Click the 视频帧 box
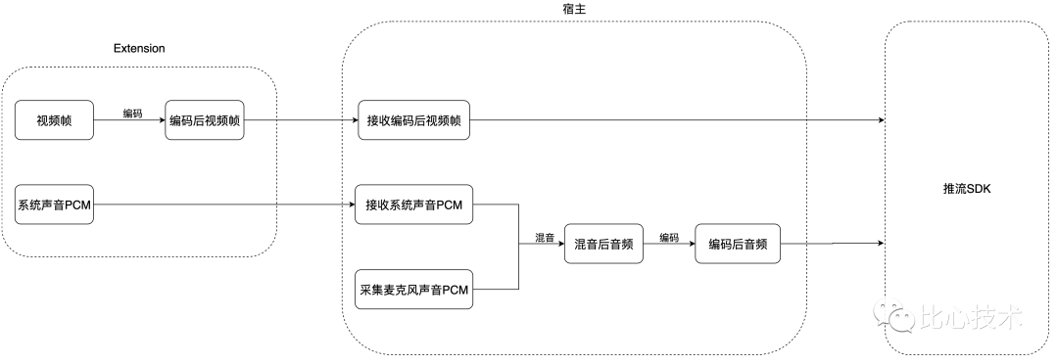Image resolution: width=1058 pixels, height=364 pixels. [55, 121]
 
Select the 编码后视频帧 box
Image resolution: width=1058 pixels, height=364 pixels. [206, 121]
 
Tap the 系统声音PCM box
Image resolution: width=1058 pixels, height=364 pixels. [55, 205]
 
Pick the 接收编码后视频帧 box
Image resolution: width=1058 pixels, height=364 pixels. [412, 121]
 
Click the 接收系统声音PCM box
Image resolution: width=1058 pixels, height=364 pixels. [413, 205]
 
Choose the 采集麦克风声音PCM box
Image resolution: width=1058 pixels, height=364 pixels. [412, 290]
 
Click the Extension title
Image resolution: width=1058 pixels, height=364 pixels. [139, 47]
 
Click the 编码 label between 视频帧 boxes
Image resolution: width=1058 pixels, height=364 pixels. [131, 114]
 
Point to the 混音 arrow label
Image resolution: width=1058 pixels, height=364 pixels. [544, 238]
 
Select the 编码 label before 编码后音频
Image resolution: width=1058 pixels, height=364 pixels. [669, 238]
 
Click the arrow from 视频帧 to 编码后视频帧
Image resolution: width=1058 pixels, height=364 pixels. [131, 122]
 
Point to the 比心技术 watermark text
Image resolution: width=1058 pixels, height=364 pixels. [971, 318]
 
